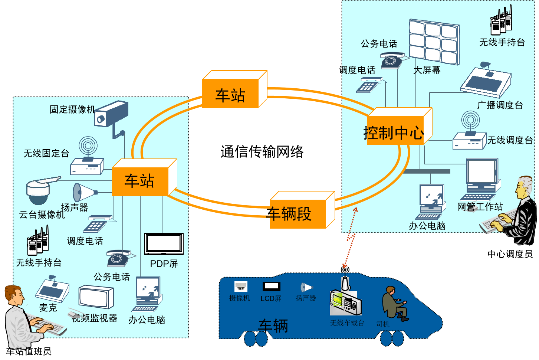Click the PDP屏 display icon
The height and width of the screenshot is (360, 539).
[x=164, y=244]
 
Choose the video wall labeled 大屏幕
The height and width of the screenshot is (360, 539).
[x=434, y=42]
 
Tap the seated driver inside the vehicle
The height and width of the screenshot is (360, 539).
[x=394, y=303]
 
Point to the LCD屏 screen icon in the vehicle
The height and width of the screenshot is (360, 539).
[x=271, y=287]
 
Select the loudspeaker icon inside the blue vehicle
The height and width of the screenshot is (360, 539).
[x=306, y=287]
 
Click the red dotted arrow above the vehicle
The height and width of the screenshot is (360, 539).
[x=350, y=238]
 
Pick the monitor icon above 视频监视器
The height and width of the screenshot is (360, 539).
[x=96, y=297]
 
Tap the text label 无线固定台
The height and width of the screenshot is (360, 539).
[x=46, y=153]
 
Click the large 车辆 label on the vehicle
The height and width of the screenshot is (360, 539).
[x=273, y=326]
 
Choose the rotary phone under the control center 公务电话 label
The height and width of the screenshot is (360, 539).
[x=391, y=60]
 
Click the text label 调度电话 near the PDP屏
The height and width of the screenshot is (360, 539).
[x=85, y=241]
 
